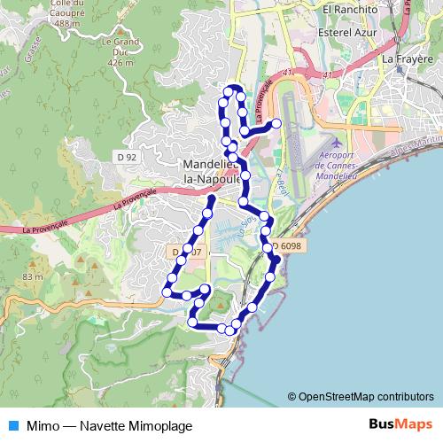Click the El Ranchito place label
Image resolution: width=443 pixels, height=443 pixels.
coord(351,9)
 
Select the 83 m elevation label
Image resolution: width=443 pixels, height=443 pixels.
coord(33,277)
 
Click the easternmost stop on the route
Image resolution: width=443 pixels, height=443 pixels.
coord(276,123)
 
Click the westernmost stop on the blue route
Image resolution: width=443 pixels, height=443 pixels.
coord(167,291)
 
